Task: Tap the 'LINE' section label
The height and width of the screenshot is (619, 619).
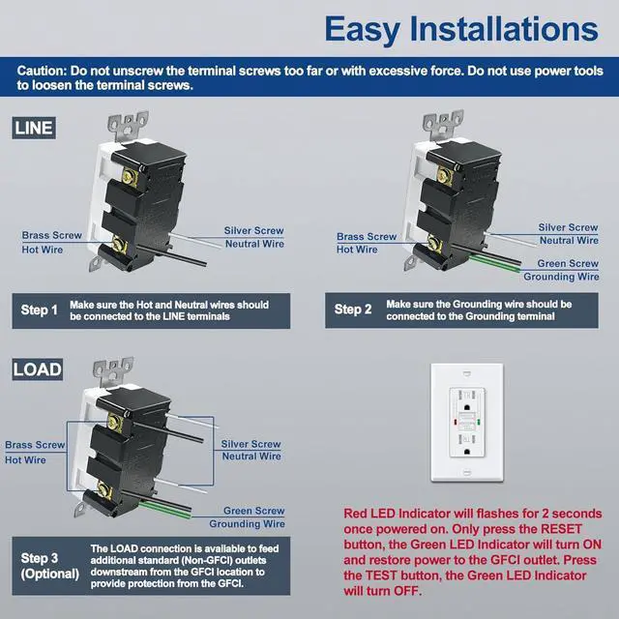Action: (x=34, y=127)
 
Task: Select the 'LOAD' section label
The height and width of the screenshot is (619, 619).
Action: (x=37, y=368)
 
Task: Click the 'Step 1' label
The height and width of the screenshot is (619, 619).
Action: (x=41, y=310)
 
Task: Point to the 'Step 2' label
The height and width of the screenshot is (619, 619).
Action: (x=353, y=309)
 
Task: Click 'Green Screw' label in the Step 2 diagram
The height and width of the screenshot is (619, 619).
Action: (x=568, y=263)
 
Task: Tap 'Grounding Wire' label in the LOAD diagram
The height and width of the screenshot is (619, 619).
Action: (x=253, y=523)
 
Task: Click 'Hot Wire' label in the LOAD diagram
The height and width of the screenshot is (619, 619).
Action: (x=25, y=459)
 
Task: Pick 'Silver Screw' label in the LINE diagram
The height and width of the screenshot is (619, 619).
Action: (x=253, y=231)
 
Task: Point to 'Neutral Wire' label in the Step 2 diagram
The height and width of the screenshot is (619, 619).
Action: (x=569, y=240)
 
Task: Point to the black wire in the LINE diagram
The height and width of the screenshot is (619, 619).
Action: (x=155, y=262)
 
